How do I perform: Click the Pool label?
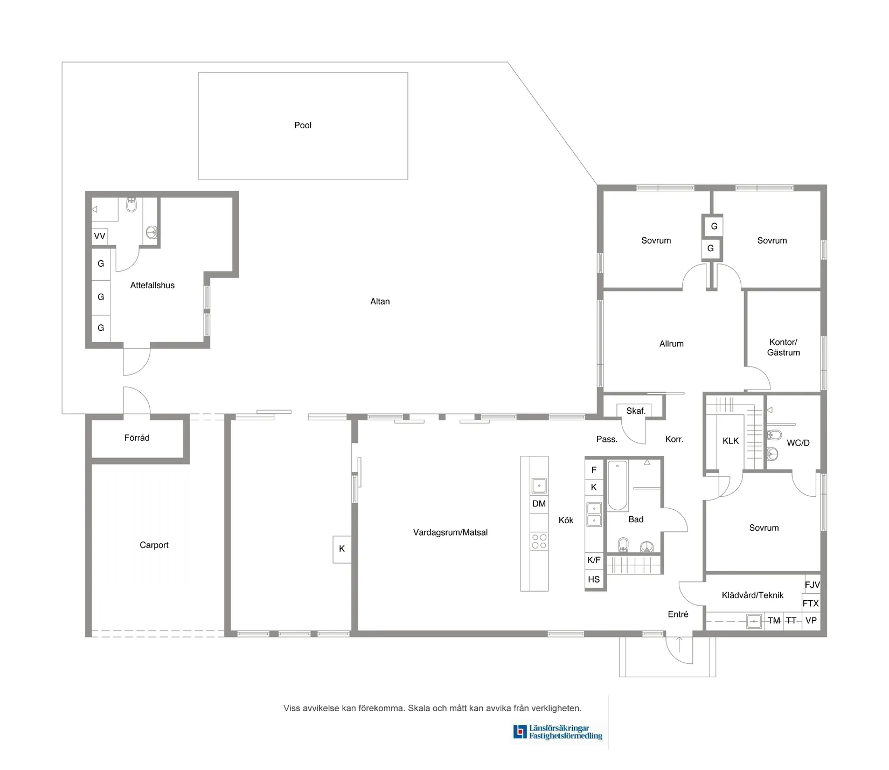303,125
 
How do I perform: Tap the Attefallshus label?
152,286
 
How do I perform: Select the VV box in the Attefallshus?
100,237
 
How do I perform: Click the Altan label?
380,302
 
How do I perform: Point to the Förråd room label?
137,438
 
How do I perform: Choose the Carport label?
154,545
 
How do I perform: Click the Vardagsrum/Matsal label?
450,532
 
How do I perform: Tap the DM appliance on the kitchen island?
539,504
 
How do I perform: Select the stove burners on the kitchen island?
539,542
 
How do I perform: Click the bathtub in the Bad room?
617,485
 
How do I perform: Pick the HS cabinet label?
594,580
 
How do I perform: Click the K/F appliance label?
594,560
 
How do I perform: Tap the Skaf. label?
636,411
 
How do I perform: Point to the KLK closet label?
731,441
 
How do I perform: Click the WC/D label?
798,443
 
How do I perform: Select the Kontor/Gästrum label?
783,348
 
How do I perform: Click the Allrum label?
671,344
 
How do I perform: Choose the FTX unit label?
810,603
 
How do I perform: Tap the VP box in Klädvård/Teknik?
811,621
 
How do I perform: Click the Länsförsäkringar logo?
558,732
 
